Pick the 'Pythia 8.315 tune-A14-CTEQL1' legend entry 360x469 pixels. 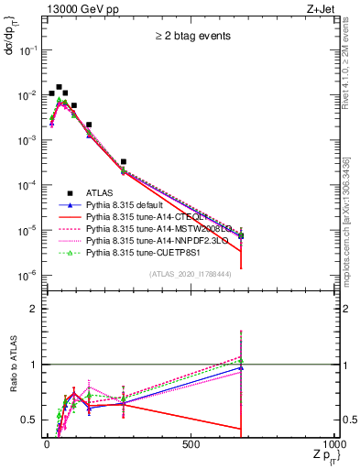tap(137, 218)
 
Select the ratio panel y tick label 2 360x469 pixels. tap(32, 309)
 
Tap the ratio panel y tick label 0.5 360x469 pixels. tap(28, 420)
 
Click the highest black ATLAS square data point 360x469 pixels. tap(60, 88)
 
